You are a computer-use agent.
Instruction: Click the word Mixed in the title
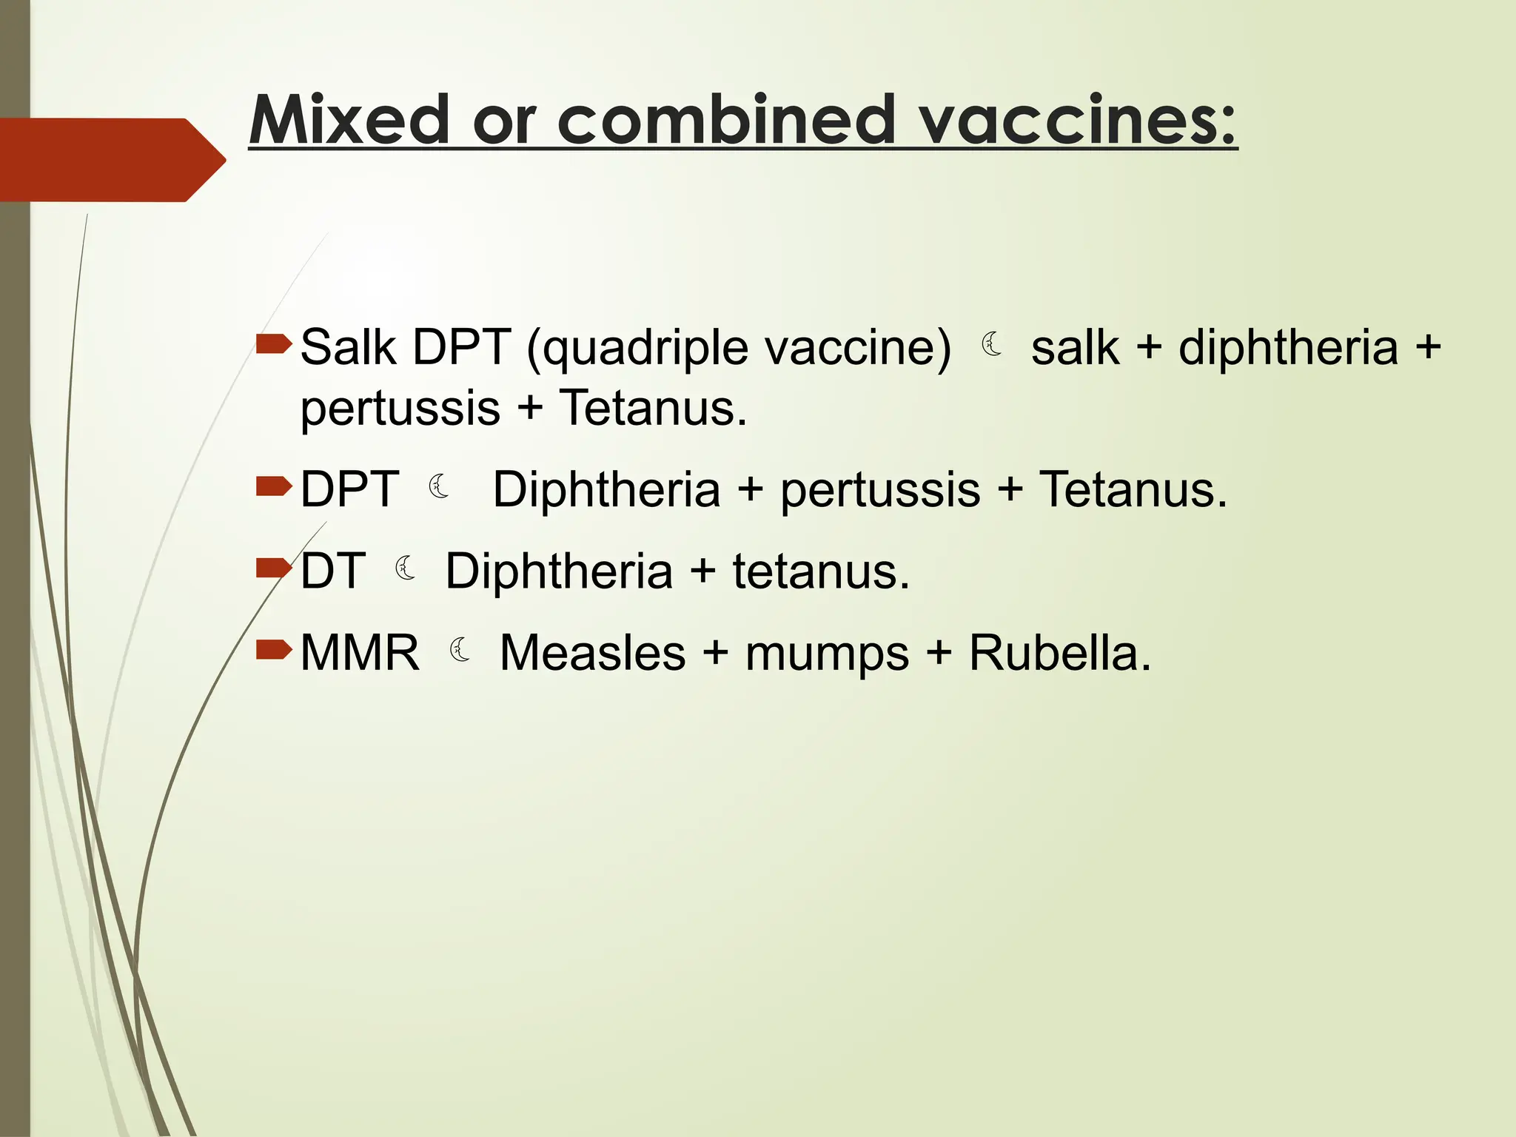(349, 120)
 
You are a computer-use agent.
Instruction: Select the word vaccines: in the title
(1077, 120)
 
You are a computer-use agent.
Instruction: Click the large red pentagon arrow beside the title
(111, 159)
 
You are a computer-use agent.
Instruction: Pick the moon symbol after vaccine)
(992, 345)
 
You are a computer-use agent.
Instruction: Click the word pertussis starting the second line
(400, 409)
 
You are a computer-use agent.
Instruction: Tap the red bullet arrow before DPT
(273, 486)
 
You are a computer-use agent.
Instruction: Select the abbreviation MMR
(360, 653)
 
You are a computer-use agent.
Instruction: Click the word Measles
(592, 653)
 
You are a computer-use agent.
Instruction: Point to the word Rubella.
(1059, 653)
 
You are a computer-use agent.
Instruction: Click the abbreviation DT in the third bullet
(333, 571)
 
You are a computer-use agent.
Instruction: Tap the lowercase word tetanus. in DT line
(821, 572)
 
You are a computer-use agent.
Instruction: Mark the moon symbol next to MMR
(460, 650)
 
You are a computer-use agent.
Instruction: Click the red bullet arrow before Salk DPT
(273, 343)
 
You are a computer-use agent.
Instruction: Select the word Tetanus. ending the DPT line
(1133, 489)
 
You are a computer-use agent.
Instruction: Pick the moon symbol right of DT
(406, 568)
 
